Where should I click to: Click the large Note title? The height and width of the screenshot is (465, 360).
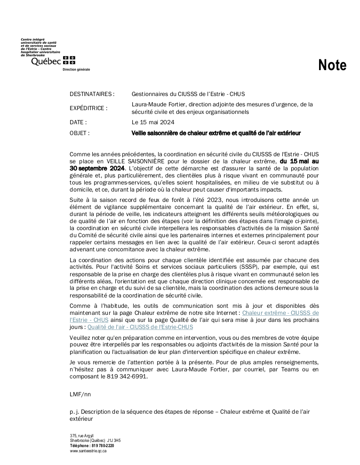tap(332, 65)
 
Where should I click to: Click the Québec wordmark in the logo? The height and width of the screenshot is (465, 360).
tap(46, 61)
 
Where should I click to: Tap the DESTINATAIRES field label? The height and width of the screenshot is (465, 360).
tap(92, 94)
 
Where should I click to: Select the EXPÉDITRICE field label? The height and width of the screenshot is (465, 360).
tap(88, 108)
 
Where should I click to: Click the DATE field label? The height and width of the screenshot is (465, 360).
tap(78, 122)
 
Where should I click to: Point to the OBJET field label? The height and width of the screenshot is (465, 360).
tap(80, 133)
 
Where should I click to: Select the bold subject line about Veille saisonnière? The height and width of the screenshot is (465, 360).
tap(216, 133)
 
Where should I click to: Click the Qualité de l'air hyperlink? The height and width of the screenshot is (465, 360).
tap(140, 327)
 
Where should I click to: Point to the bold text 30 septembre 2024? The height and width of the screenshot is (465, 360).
tap(97, 168)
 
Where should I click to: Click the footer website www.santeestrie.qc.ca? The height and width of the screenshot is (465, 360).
tap(88, 451)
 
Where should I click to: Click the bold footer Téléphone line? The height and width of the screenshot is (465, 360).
tap(92, 445)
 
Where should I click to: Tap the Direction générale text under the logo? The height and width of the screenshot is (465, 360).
tap(76, 69)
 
